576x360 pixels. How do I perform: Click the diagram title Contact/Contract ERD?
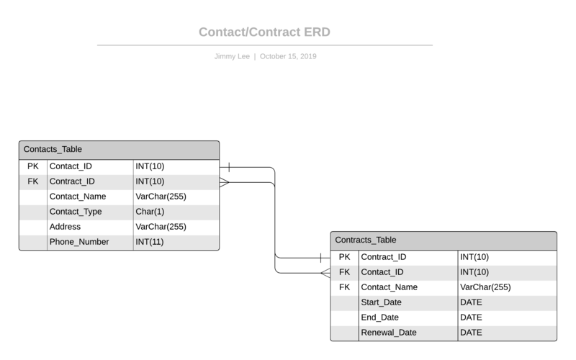click(x=264, y=32)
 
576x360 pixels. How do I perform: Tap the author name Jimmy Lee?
click(x=231, y=56)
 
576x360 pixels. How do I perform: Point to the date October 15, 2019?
click(x=288, y=56)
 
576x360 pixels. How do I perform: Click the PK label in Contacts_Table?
click(x=33, y=166)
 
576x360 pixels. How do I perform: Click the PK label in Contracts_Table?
click(x=344, y=257)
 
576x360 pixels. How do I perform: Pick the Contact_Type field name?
click(x=76, y=212)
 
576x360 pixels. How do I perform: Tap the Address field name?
click(x=65, y=227)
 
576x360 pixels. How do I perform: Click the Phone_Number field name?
click(x=79, y=242)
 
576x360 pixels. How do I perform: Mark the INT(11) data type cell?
click(x=150, y=242)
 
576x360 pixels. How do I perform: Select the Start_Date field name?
click(x=381, y=302)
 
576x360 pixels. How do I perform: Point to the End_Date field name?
click(x=379, y=318)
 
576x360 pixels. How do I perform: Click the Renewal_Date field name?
click(x=388, y=333)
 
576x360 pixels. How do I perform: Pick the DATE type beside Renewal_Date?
click(x=471, y=333)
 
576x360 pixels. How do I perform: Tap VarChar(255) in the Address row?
click(x=161, y=227)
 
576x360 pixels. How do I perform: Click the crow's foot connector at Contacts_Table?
click(x=224, y=182)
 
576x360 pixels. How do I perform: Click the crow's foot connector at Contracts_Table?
click(x=325, y=272)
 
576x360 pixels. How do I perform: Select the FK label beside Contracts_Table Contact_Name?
click(x=344, y=287)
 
